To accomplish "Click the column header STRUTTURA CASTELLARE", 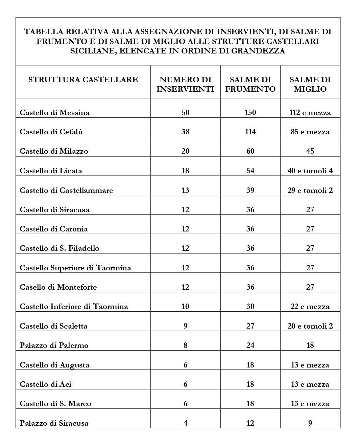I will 83,80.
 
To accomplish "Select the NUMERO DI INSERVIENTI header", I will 185,84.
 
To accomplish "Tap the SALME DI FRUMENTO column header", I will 250,84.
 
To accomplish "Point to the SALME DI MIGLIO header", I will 310,84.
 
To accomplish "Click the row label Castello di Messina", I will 54,112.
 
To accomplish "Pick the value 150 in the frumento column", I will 250,112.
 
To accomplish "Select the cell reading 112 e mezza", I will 310,112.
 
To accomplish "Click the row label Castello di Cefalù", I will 51,132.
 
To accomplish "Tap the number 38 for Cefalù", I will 185,132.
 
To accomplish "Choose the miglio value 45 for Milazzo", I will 310,151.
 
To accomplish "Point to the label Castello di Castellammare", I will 66,190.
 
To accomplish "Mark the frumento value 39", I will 250,190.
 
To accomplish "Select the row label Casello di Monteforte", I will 58,287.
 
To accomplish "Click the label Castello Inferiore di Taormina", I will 74,306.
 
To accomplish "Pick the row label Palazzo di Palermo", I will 54,345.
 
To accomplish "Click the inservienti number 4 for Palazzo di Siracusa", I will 185,423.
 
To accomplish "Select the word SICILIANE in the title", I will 93,51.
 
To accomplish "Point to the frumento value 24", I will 250,345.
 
